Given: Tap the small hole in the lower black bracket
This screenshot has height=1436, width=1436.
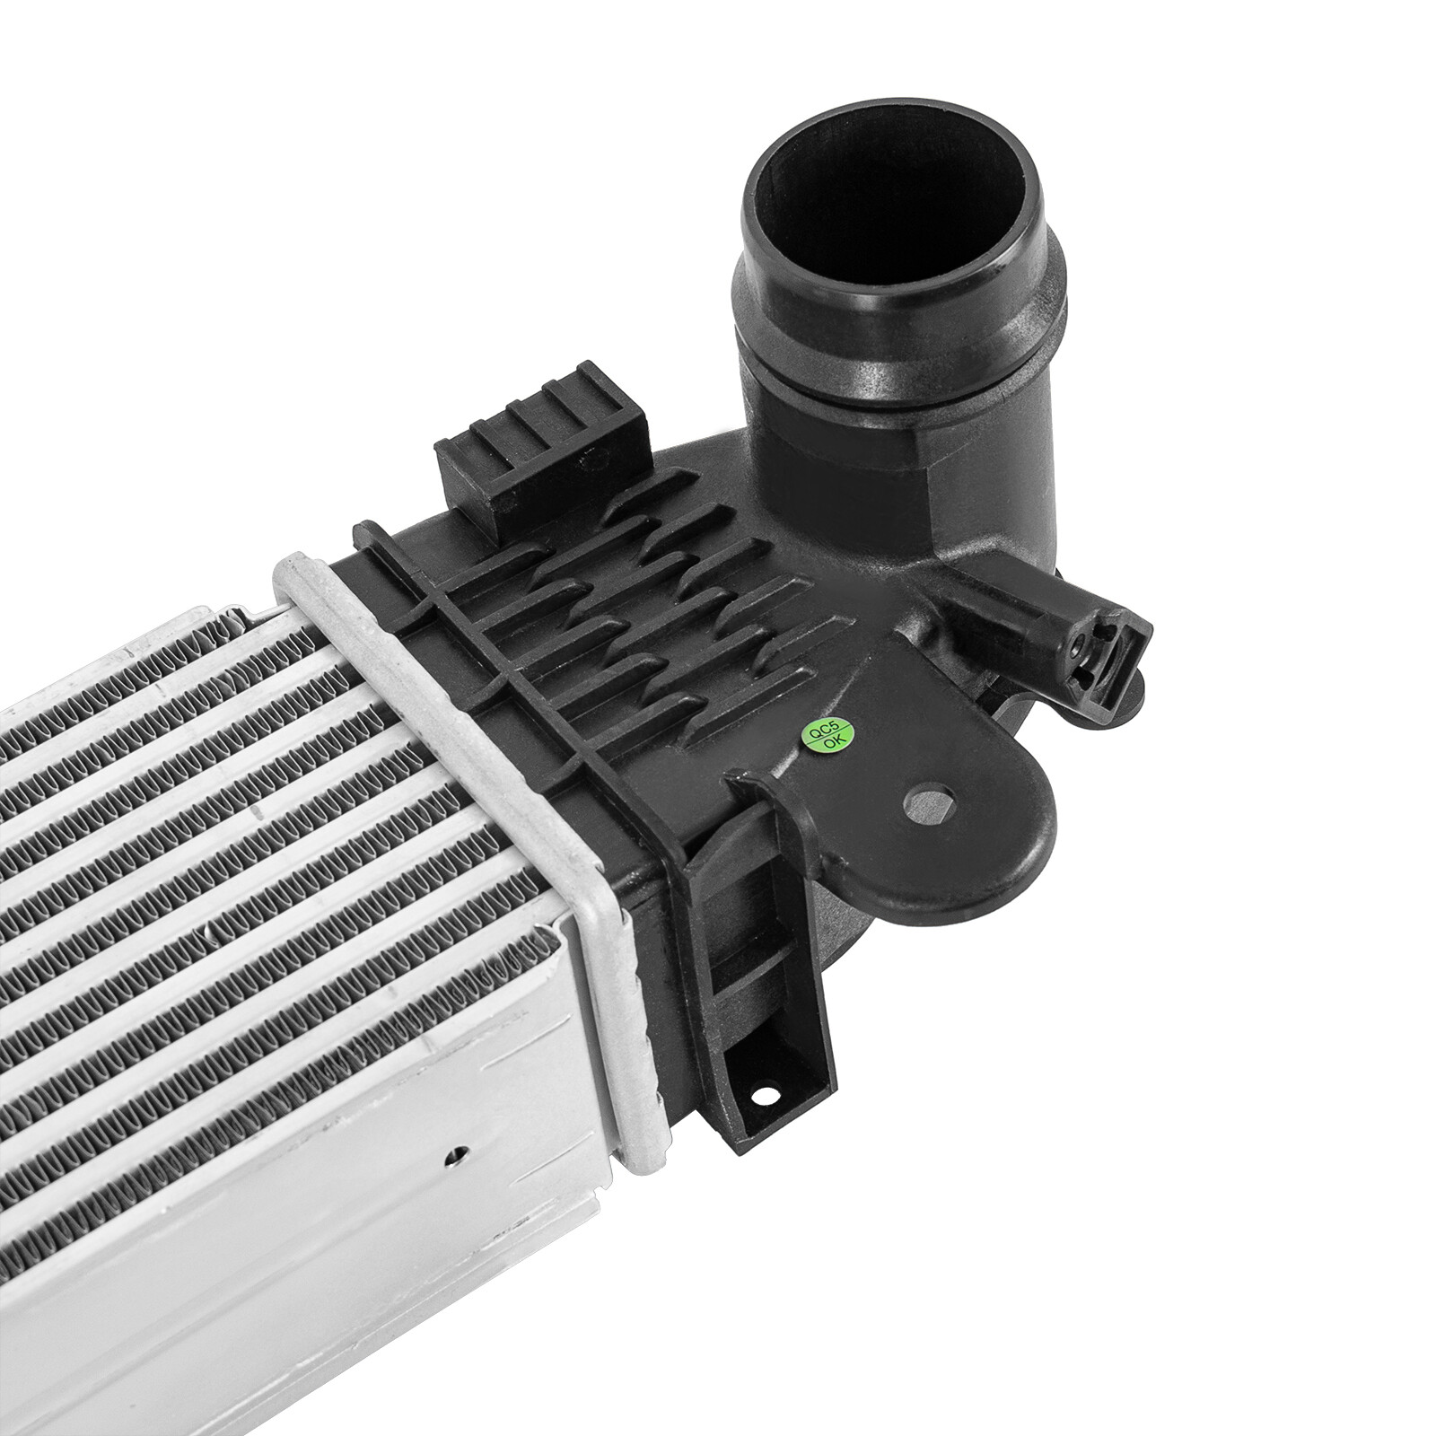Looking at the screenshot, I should pyautogui.click(x=765, y=1096).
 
